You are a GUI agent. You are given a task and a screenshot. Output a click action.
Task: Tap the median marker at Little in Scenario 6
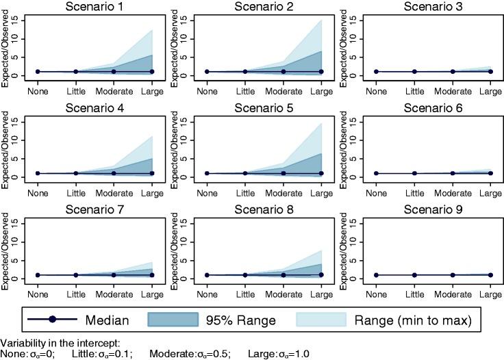414,173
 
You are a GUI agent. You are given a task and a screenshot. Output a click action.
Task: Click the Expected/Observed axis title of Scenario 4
7,147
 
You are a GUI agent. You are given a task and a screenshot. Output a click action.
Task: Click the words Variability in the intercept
52,342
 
